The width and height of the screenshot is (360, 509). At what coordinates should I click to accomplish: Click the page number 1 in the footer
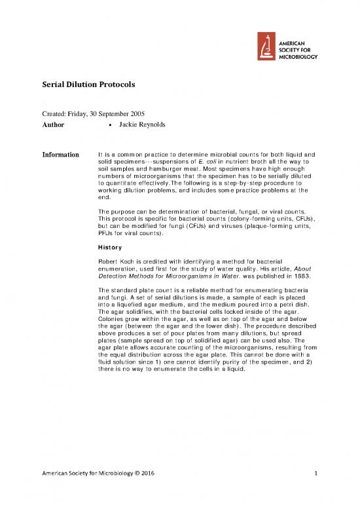[x=315, y=491]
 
